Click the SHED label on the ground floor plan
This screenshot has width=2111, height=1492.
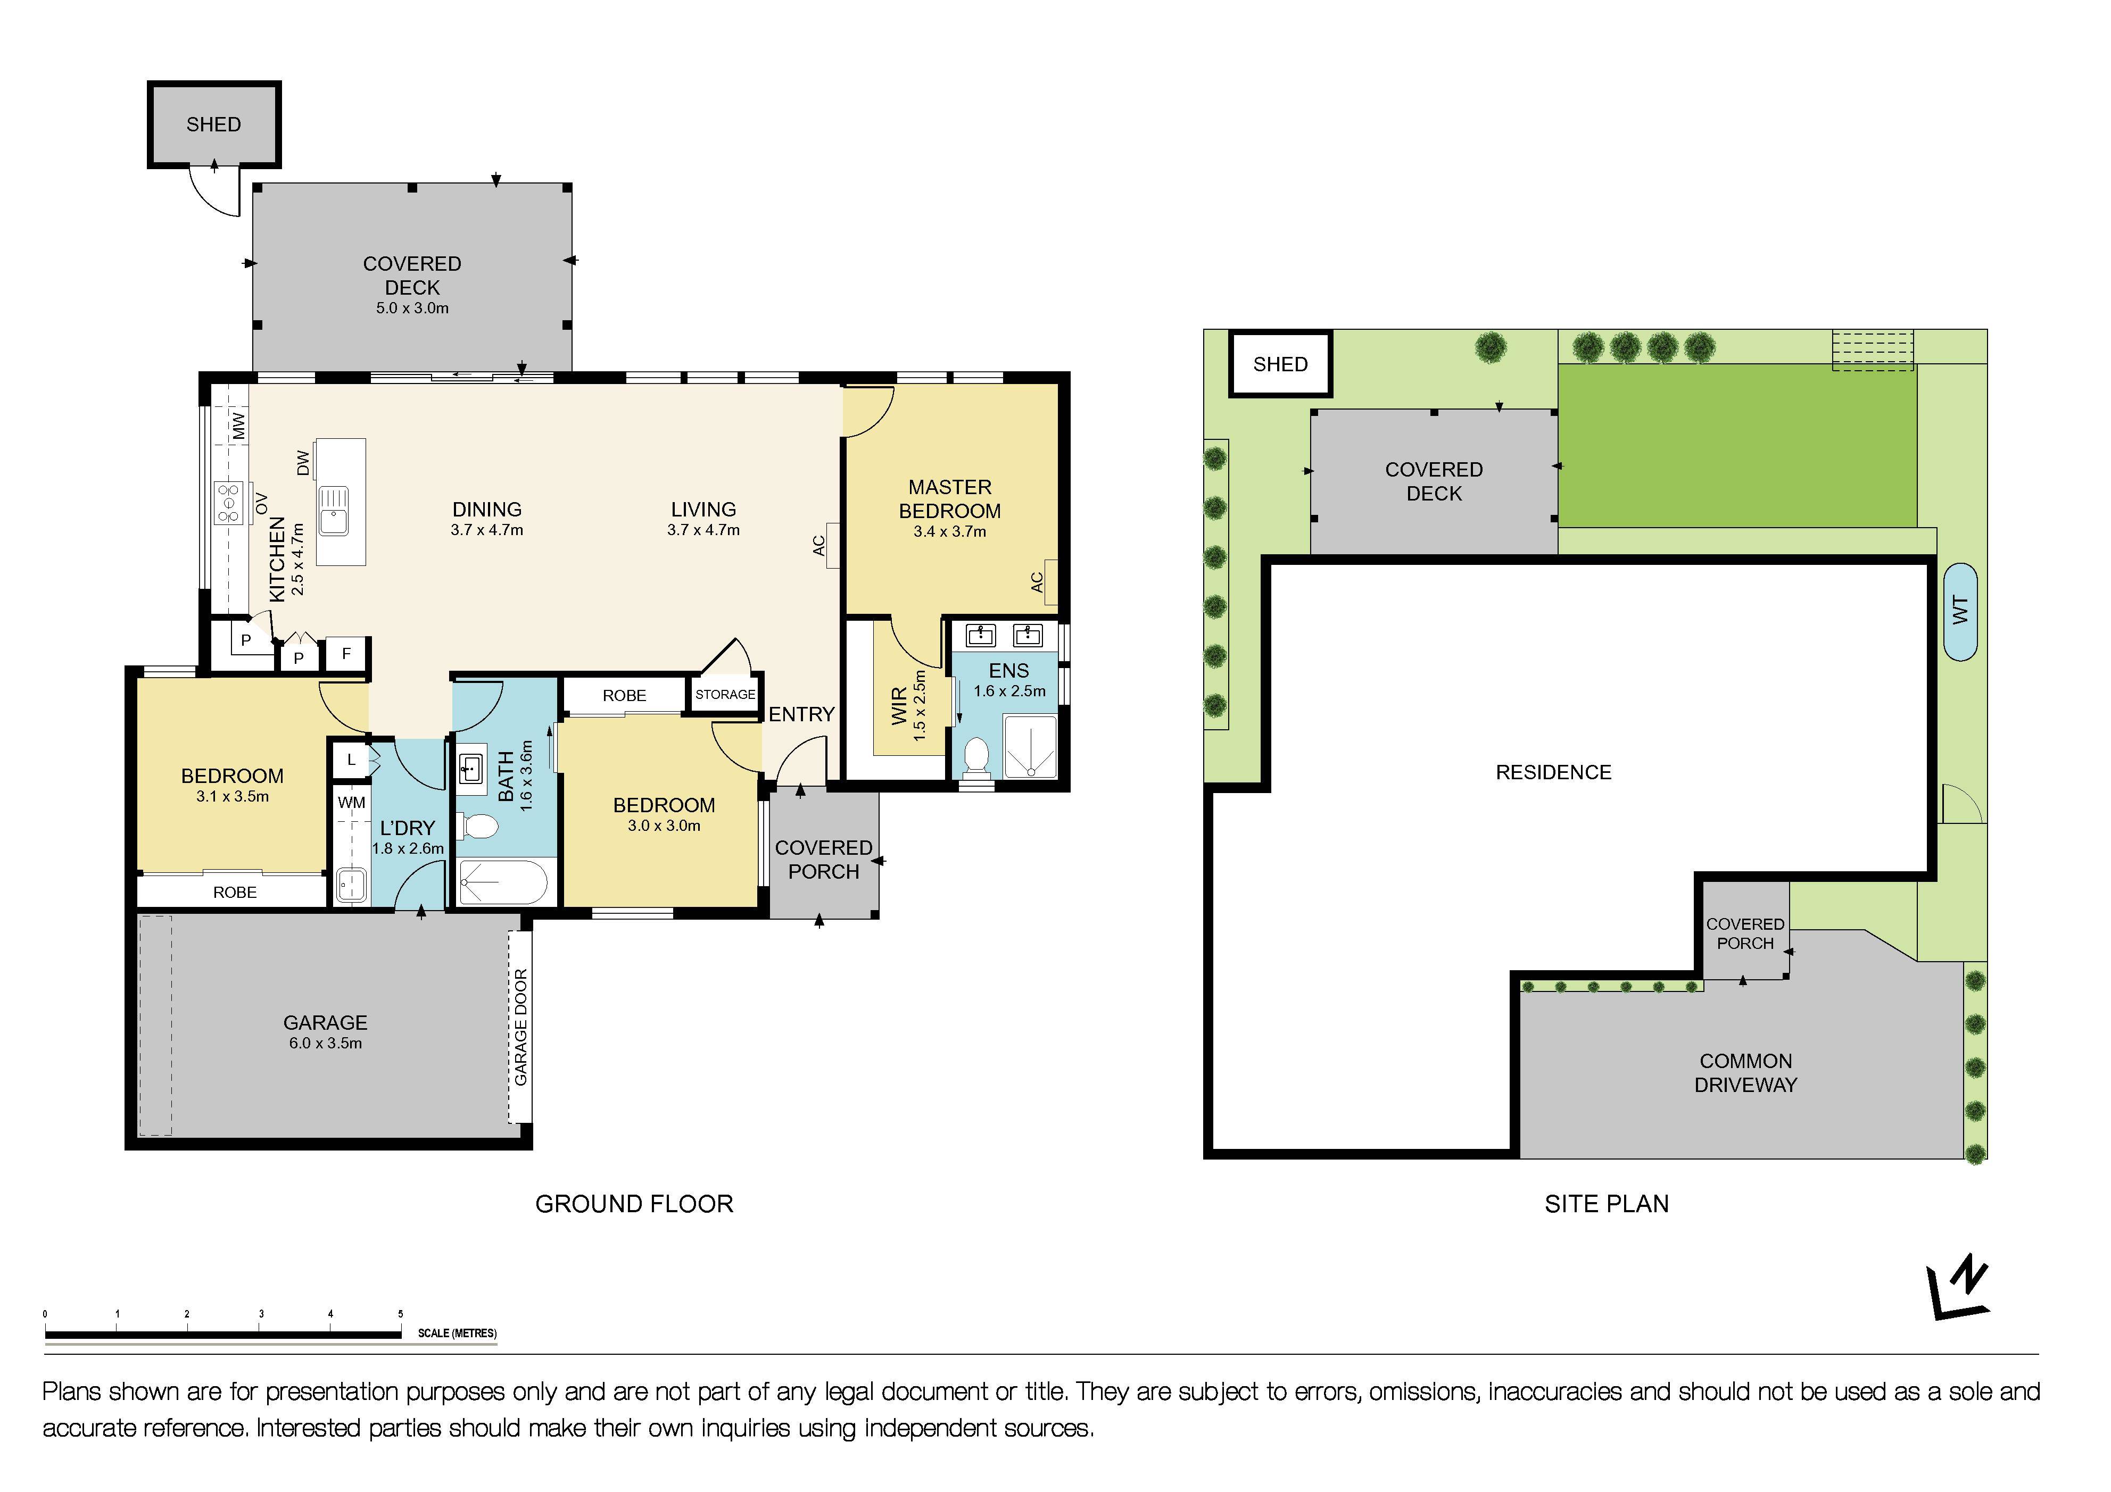(x=213, y=124)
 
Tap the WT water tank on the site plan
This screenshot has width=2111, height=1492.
(x=1960, y=611)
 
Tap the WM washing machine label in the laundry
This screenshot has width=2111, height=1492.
(x=351, y=803)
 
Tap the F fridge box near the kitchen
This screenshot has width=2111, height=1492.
(x=346, y=654)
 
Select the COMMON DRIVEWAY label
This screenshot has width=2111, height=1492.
(x=1745, y=1073)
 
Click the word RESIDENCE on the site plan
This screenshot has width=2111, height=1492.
(x=1553, y=772)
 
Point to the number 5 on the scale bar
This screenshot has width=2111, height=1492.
(x=400, y=1314)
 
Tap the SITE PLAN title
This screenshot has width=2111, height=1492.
(x=1605, y=1204)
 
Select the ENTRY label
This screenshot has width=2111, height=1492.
(x=801, y=714)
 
